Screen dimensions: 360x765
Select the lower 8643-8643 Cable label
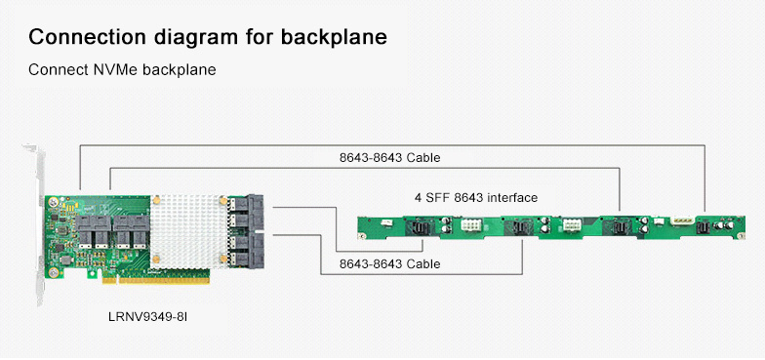[389, 263]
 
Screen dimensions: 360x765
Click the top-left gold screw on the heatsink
[157, 199]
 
